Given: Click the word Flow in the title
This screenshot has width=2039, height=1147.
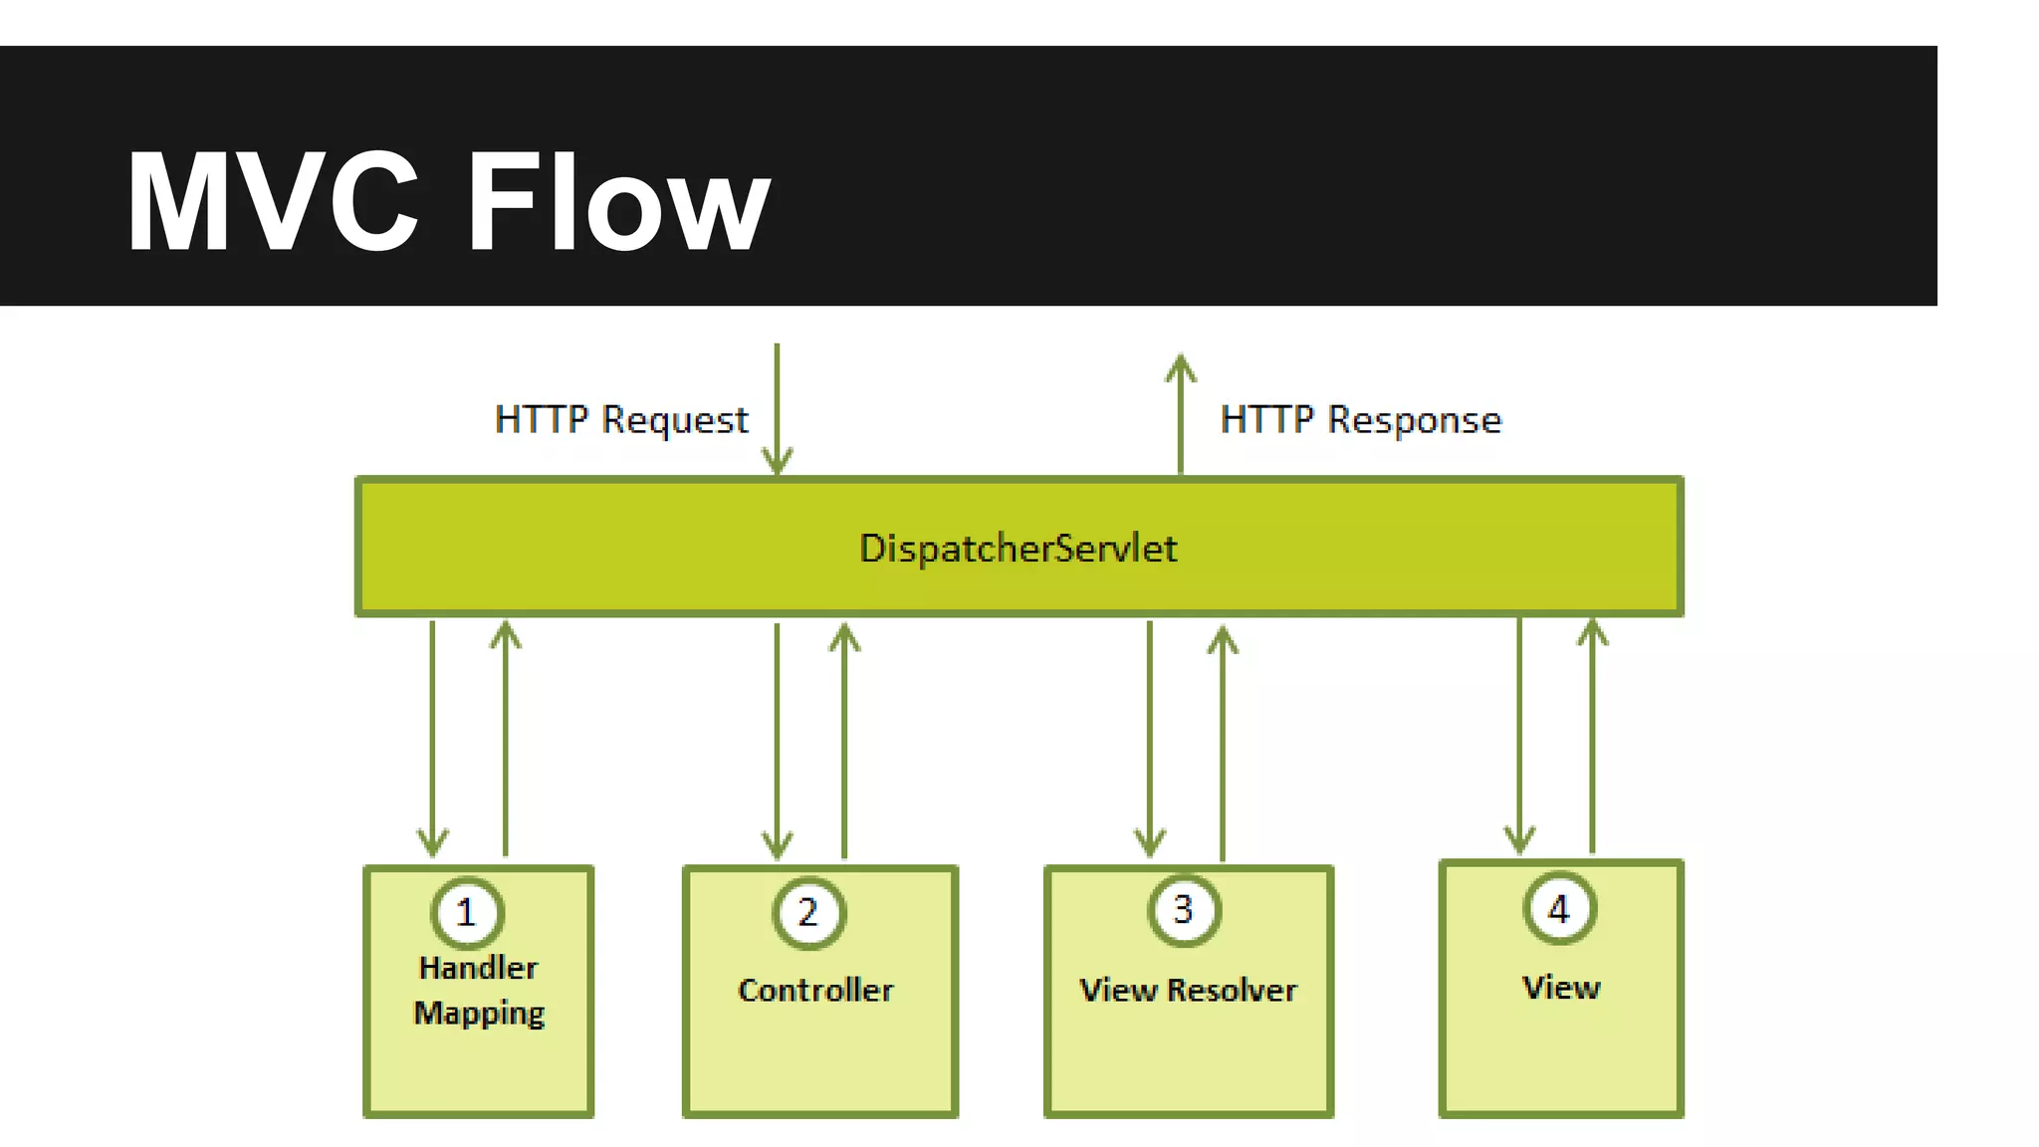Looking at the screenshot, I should (617, 203).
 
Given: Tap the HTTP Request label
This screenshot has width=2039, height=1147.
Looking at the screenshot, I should (621, 420).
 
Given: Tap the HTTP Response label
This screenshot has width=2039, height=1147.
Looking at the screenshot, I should (1360, 420).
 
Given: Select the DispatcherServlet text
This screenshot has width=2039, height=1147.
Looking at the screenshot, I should (1018, 549).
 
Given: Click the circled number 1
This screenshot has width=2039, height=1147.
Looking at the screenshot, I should (467, 912).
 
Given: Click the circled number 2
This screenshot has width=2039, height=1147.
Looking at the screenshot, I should (808, 912).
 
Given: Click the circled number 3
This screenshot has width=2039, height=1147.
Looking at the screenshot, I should (1183, 909).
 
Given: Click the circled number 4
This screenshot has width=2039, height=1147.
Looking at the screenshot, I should (1559, 908).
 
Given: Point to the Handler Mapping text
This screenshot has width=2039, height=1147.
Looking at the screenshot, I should (479, 990).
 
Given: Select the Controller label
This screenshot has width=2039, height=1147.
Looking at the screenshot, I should (815, 990).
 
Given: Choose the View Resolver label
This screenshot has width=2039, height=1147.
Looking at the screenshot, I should (1188, 990).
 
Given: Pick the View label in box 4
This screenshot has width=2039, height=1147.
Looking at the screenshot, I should (1561, 987).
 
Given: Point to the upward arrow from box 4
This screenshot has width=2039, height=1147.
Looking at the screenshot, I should (1593, 737).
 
